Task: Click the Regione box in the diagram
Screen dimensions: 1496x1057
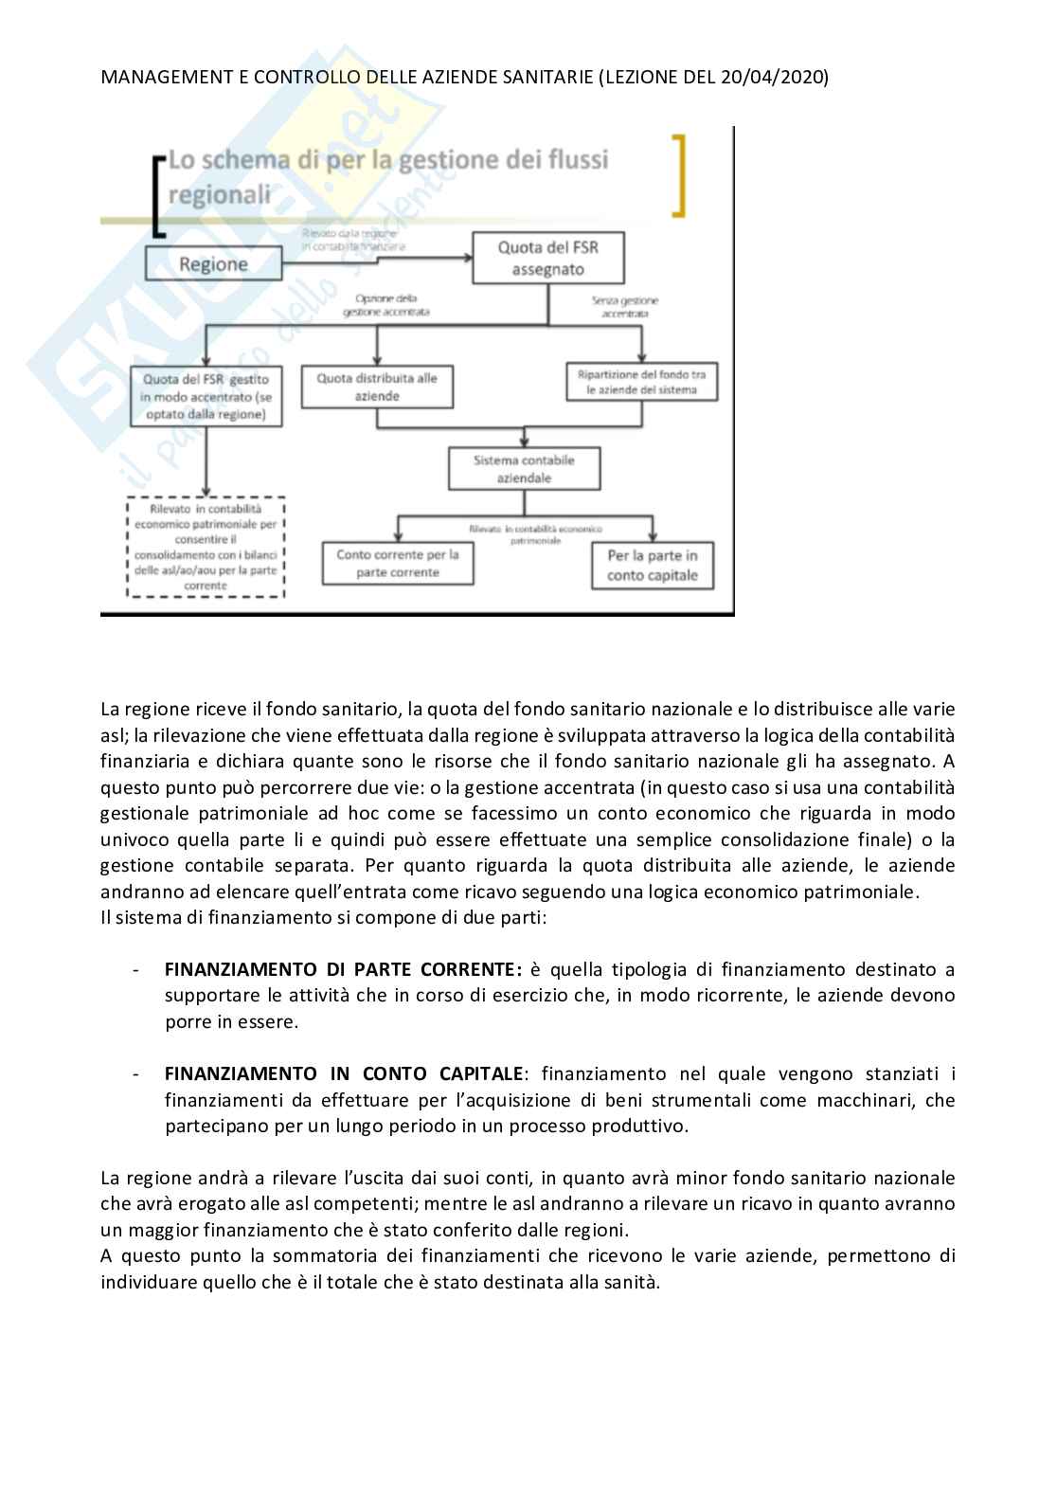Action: pos(213,263)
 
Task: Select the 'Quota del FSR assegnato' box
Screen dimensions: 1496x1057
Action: pos(548,259)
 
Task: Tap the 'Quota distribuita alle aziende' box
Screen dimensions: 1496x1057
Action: pos(377,388)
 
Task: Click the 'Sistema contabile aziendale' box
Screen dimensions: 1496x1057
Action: pos(524,469)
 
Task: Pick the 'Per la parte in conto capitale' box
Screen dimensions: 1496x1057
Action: pos(652,566)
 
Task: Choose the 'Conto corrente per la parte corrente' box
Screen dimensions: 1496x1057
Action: pos(398,564)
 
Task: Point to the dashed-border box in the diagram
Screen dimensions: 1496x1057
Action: pos(206,548)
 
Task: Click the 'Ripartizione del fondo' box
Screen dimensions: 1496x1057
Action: pos(641,383)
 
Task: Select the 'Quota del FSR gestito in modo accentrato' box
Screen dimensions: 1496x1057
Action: pos(206,397)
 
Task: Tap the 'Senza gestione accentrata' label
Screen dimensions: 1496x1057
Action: pos(625,306)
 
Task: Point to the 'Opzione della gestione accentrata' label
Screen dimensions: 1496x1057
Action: pos(385,305)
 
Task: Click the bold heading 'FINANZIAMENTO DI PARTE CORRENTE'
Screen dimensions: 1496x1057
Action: pos(339,969)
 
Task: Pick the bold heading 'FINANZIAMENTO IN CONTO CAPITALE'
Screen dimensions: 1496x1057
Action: pos(343,1073)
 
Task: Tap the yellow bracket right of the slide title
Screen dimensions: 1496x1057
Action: pos(678,175)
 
